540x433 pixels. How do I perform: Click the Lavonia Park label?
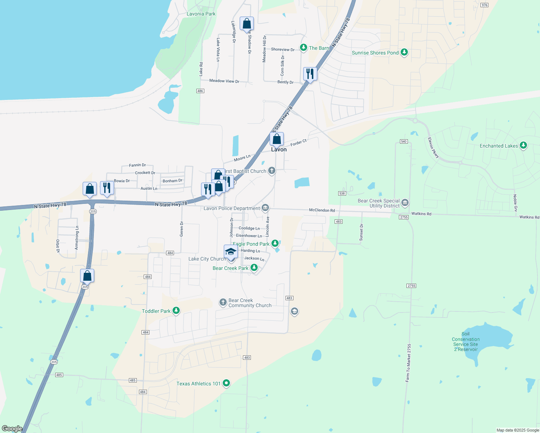pyautogui.click(x=201, y=14)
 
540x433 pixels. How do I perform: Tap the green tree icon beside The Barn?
pyautogui.click(x=304, y=48)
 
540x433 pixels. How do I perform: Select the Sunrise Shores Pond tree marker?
pyautogui.click(x=404, y=53)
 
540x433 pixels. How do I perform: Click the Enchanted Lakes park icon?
pyautogui.click(x=523, y=146)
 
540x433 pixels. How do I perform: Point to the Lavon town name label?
pyautogui.click(x=279, y=149)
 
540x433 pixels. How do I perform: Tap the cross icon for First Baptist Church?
pyautogui.click(x=272, y=171)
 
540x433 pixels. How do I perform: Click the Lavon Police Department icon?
pyautogui.click(x=265, y=208)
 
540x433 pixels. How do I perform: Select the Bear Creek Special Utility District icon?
pyautogui.click(x=405, y=203)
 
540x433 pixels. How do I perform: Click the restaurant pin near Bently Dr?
pyautogui.click(x=310, y=74)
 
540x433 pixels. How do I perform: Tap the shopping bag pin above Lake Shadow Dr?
pyautogui.click(x=247, y=24)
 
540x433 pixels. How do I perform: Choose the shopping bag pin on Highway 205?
pyautogui.click(x=87, y=276)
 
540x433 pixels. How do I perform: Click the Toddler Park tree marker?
pyautogui.click(x=176, y=311)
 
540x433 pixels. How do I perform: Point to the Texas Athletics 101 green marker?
pyautogui.click(x=226, y=383)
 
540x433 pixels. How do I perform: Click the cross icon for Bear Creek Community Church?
pyautogui.click(x=223, y=302)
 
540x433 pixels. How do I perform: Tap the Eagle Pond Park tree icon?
pyautogui.click(x=275, y=244)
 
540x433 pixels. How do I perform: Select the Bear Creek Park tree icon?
pyautogui.click(x=254, y=268)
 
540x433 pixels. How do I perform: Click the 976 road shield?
pyautogui.click(x=484, y=5)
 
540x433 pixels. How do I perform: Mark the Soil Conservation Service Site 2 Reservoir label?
pyautogui.click(x=466, y=342)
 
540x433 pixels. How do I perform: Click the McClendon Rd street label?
pyautogui.click(x=322, y=210)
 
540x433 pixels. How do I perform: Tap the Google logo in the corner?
pyautogui.click(x=12, y=429)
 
